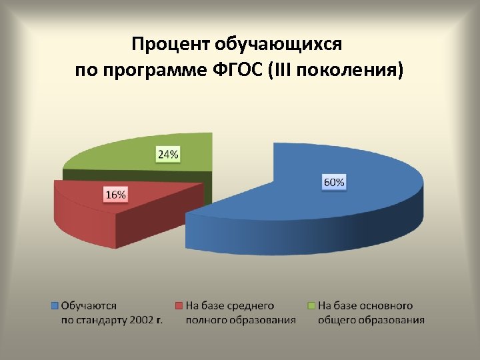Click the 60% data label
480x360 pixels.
(334, 182)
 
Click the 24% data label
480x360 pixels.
(167, 155)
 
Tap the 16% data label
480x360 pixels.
(115, 195)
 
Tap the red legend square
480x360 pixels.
(178, 306)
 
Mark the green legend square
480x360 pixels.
(310, 306)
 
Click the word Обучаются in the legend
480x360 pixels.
(89, 306)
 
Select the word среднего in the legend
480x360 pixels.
(250, 306)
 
